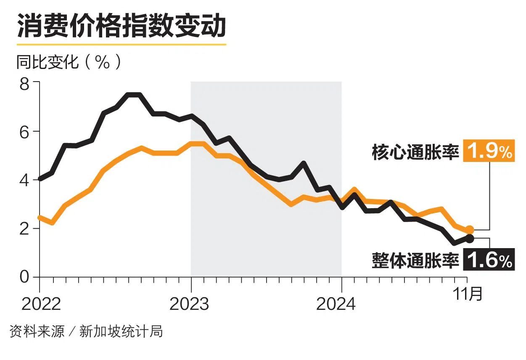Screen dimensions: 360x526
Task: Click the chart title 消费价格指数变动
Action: click(x=122, y=26)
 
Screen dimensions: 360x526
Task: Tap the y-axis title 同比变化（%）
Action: click(x=69, y=63)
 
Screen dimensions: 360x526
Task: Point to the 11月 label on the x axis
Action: click(x=468, y=294)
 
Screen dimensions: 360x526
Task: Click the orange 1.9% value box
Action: click(x=489, y=151)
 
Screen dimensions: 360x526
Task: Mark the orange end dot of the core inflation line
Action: click(x=470, y=230)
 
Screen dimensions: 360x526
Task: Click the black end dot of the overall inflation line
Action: click(x=470, y=239)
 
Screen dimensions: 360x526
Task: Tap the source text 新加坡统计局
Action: click(x=121, y=332)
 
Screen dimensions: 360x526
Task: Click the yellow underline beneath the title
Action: click(x=122, y=44)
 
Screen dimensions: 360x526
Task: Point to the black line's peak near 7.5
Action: click(x=134, y=95)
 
